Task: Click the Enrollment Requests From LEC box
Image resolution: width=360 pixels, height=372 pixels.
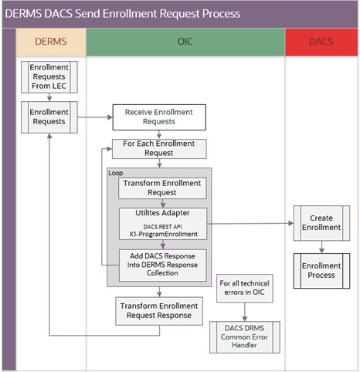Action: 49,78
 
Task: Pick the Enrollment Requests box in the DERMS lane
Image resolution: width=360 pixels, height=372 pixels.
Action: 49,117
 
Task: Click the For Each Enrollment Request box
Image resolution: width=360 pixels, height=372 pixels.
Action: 159,148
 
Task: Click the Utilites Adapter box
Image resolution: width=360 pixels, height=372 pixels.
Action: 162,222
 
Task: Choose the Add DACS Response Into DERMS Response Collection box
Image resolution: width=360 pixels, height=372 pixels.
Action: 162,264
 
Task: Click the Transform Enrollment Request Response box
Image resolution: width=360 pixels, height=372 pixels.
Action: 161,310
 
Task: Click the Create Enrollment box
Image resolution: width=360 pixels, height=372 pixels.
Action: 321,223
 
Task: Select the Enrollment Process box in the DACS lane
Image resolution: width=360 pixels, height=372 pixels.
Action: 321,269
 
